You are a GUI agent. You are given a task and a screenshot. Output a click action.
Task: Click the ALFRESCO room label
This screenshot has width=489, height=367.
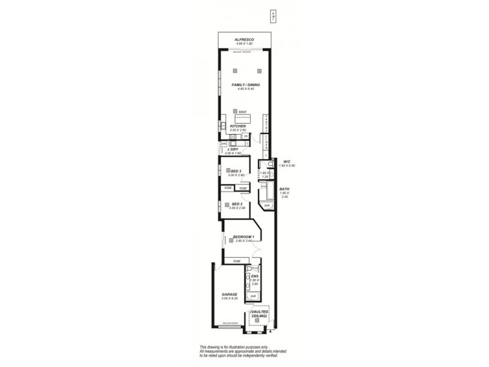244,39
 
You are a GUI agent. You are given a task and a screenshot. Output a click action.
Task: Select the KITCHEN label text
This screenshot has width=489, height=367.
238,126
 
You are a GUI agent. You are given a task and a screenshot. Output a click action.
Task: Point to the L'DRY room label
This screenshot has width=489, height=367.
232,149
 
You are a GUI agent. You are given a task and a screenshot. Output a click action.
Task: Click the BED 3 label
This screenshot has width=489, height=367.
236,171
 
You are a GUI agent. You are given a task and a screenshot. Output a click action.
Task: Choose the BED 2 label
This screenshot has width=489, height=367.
236,204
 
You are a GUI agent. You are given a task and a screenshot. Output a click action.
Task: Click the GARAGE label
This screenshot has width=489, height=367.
229,294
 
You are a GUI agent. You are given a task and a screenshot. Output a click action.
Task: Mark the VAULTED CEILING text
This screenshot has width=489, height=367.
259,313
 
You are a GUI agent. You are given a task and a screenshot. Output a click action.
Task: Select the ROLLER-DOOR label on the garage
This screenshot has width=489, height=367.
230,322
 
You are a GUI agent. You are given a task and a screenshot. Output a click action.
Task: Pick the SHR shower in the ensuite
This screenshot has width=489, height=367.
252,296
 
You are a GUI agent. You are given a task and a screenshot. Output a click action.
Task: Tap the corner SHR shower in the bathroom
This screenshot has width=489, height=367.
267,206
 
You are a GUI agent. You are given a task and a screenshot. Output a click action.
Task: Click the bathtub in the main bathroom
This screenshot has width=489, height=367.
267,191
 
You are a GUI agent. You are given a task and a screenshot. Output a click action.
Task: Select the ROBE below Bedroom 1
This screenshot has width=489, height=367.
237,261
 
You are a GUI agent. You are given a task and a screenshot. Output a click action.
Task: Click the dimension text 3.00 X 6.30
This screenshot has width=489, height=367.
229,298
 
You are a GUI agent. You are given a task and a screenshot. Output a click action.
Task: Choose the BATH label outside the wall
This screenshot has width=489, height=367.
284,189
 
